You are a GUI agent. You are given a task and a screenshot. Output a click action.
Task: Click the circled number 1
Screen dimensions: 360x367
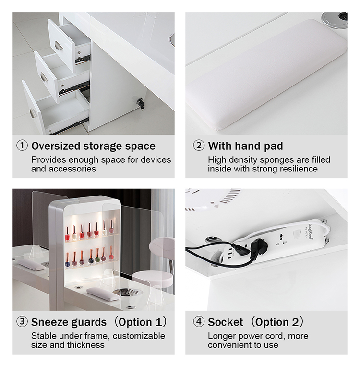click(22, 146)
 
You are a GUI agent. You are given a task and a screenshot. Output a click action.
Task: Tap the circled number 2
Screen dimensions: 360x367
click(199, 146)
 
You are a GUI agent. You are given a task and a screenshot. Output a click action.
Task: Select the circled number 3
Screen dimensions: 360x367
click(22, 321)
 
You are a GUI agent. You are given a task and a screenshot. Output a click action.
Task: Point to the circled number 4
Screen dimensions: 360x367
click(199, 321)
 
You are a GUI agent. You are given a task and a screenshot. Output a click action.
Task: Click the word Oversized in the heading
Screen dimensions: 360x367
click(56, 146)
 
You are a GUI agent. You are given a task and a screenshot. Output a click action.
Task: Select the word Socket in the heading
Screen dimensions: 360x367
click(225, 322)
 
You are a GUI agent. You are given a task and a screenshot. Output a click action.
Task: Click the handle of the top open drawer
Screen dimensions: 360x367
click(59, 46)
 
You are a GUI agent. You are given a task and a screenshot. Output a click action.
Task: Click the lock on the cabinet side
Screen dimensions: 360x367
click(141, 104)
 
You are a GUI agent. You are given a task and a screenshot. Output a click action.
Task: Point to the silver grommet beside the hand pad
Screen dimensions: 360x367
click(334, 18)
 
